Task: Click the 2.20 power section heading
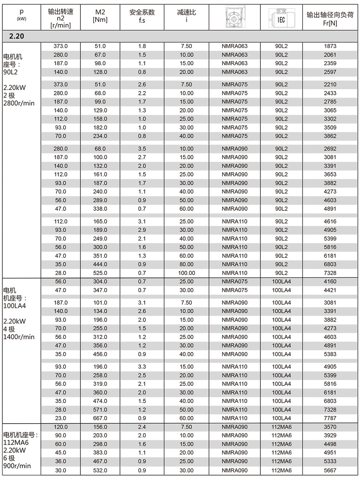click(17, 36)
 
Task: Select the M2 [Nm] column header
click(100, 16)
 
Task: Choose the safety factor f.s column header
click(142, 16)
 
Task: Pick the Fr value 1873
click(330, 46)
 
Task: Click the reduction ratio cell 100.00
click(186, 273)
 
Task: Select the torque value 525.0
click(100, 273)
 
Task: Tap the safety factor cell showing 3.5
click(142, 149)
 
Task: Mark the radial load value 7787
click(330, 418)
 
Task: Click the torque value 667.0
click(100, 418)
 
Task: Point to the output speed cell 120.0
click(61, 427)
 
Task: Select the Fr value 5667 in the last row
click(330, 470)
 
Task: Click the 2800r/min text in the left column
click(19, 103)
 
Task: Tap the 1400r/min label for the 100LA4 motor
click(19, 337)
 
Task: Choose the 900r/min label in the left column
click(17, 466)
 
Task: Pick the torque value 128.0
click(100, 72)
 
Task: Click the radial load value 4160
click(330, 282)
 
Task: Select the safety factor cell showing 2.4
click(142, 427)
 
